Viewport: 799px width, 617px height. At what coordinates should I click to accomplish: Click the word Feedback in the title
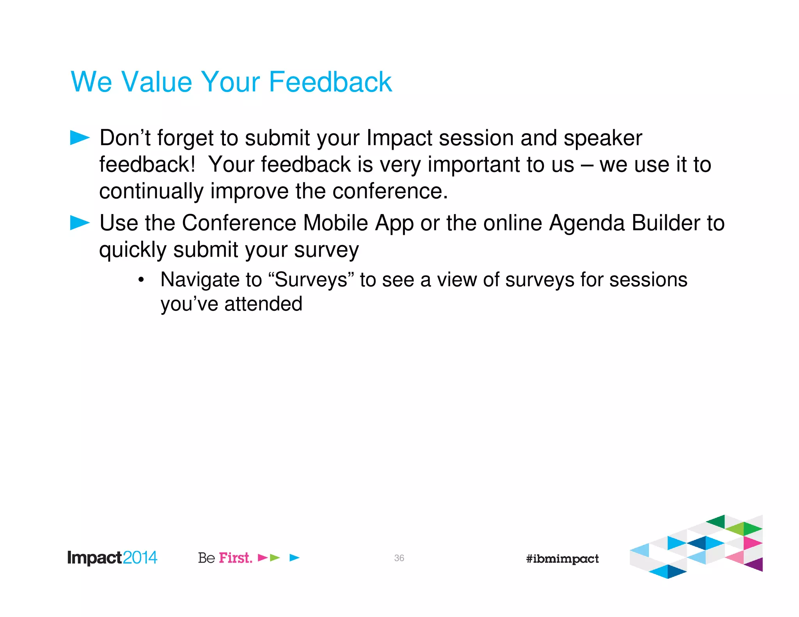330,82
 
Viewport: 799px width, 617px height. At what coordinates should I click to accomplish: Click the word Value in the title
157,82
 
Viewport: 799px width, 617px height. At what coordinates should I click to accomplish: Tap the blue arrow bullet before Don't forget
80,138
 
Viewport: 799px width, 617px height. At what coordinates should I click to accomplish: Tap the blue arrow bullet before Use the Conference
80,223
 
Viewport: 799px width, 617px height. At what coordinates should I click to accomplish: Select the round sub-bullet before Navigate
141,280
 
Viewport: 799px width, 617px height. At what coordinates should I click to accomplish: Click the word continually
151,192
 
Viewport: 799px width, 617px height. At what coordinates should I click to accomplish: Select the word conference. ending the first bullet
390,191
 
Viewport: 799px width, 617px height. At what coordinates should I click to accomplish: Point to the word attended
263,304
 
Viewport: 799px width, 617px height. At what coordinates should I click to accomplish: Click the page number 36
399,558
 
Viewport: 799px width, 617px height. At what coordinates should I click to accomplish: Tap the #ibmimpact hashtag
562,559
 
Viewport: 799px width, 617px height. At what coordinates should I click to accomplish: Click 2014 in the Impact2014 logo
140,558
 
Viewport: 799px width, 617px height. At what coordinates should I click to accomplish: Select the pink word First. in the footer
235,558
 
